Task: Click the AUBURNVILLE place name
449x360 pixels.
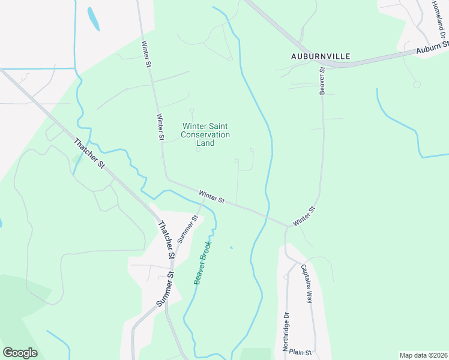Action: click(x=321, y=56)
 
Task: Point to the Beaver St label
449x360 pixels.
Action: click(x=322, y=80)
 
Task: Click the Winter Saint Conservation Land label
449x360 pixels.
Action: click(x=206, y=134)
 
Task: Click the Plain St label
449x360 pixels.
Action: click(x=300, y=352)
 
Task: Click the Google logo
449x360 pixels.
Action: click(x=20, y=353)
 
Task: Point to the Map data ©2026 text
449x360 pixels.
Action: click(x=423, y=355)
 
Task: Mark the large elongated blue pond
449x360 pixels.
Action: click(x=93, y=19)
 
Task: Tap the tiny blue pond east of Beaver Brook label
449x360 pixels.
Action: click(x=231, y=247)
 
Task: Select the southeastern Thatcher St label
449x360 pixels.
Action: click(x=166, y=241)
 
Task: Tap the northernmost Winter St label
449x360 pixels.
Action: click(x=145, y=54)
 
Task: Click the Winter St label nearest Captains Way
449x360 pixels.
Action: click(x=304, y=217)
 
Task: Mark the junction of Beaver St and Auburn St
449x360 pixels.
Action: click(x=324, y=62)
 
